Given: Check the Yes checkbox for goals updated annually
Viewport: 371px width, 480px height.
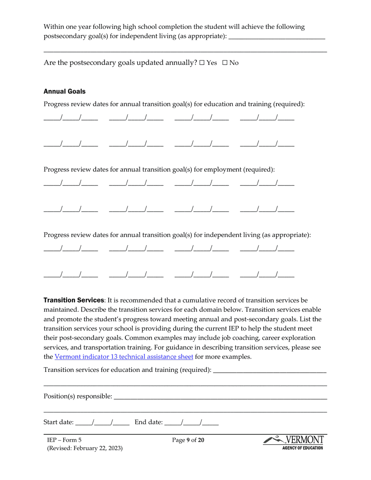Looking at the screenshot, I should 202,63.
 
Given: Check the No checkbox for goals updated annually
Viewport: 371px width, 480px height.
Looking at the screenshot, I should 225,63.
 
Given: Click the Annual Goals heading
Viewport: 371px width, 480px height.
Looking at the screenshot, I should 64,91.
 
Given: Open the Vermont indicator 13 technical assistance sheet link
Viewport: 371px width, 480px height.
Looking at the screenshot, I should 124,357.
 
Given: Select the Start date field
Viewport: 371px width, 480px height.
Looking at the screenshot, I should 102,422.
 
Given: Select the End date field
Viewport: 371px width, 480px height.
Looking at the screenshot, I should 191,422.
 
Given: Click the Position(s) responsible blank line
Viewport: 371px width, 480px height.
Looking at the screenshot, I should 220,397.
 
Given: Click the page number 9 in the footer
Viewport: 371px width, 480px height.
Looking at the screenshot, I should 188,441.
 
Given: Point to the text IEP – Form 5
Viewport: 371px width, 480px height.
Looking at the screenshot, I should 64,441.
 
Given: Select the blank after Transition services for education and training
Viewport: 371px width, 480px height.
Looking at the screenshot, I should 270,370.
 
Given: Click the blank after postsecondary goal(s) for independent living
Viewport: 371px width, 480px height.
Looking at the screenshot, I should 276,37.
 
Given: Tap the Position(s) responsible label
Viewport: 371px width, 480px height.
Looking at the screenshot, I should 78,396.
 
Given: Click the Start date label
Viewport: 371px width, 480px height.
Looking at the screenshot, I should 59,422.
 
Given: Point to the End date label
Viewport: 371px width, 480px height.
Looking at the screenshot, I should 148,422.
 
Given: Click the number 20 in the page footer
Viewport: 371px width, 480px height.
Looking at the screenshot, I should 201,441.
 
